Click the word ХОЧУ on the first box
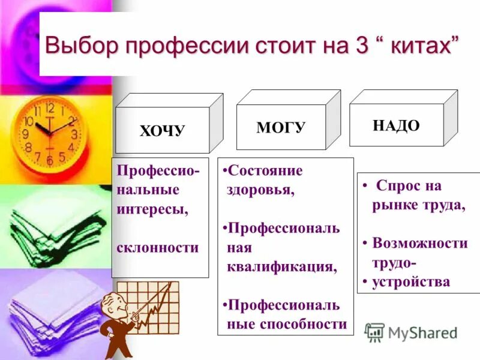(x=162, y=131)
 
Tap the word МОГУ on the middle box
(x=281, y=127)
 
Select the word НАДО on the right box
(x=396, y=125)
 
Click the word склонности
(x=158, y=247)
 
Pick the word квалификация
(x=281, y=266)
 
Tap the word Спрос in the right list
(x=399, y=186)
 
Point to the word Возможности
(x=420, y=243)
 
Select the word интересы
(x=153, y=209)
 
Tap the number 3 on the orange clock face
(x=74, y=134)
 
